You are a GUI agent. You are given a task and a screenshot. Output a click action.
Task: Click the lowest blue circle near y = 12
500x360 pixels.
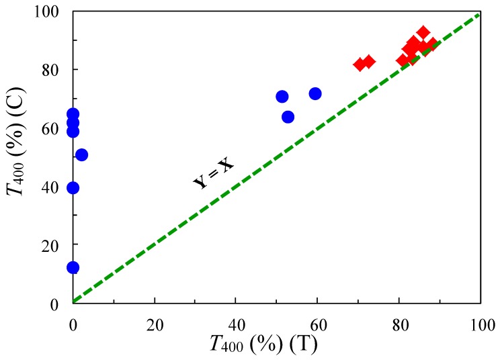tap(73, 268)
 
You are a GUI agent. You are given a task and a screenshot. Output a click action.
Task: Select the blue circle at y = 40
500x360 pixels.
tap(73, 187)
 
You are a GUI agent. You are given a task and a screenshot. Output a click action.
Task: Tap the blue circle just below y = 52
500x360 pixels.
tap(81, 154)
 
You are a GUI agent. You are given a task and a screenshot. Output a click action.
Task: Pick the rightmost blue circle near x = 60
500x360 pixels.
tap(315, 93)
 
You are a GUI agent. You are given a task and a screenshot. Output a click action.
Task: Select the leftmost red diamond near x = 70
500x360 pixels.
tap(360, 64)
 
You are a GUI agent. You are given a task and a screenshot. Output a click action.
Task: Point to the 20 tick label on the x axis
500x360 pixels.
tap(155, 321)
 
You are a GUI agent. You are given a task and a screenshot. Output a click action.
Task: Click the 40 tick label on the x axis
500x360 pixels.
tap(236, 321)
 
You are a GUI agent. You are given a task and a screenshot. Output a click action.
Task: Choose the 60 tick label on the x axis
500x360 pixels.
tap(318, 321)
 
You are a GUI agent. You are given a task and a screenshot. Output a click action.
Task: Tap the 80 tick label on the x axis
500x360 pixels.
tap(399, 321)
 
